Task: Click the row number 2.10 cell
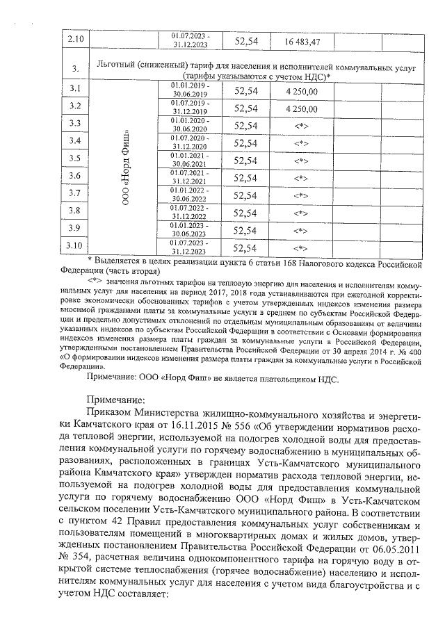pyautogui.click(x=76, y=40)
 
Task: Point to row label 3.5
pyautogui.click(x=76, y=158)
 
